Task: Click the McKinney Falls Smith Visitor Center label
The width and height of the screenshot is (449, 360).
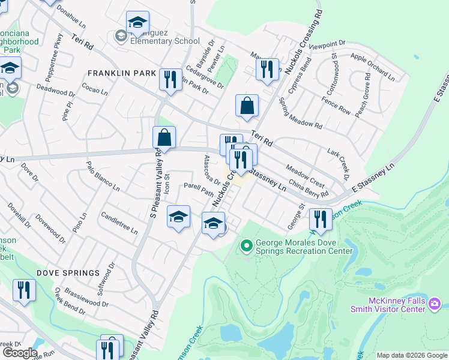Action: pos(388,305)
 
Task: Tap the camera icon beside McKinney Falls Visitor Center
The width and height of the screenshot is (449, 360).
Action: pos(434,305)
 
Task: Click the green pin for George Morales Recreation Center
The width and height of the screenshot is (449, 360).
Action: pos(245,245)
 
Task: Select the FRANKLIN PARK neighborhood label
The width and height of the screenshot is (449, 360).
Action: pos(122,73)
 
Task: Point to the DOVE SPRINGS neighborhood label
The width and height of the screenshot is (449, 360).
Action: pos(68,273)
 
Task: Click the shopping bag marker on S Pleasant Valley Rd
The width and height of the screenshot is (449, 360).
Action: pos(164,139)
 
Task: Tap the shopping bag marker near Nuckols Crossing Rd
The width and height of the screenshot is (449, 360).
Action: pos(247,107)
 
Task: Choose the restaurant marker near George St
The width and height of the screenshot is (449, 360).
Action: pos(321,220)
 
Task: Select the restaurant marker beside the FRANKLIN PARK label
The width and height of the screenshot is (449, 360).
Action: pos(170,80)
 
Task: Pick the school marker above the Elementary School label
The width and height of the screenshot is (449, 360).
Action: pos(137,24)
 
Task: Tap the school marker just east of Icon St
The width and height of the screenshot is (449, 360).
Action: pos(178,218)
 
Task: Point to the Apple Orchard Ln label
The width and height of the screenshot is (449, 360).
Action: pos(372,66)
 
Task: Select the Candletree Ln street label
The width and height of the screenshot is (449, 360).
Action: pos(119,223)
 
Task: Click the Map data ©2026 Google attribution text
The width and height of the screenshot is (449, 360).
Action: pos(412,355)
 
